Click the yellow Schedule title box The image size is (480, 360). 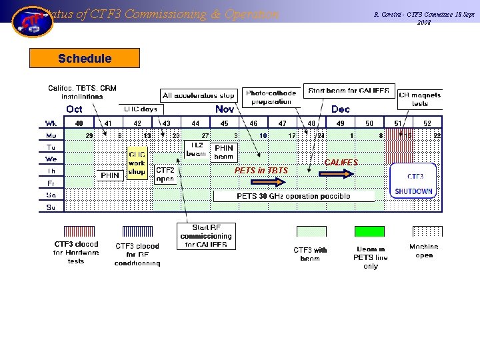coord(85,59)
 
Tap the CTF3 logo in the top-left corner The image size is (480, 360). coord(32,21)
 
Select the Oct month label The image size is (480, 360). coord(74,109)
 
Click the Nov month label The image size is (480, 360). coord(225,109)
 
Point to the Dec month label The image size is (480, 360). coord(340,109)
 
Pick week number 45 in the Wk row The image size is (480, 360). coord(225,123)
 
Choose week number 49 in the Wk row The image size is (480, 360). coord(340,123)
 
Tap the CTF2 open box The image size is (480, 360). coord(165,175)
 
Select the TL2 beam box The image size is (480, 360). coord(196,149)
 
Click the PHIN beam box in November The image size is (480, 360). coord(224,153)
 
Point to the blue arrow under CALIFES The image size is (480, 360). coord(339,173)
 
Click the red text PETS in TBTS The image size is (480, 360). coord(261,171)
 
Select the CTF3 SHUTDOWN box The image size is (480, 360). coord(413,181)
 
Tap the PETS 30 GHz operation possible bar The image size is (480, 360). coord(293,196)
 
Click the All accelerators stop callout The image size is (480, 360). coord(199,95)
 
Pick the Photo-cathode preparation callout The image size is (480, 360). coord(271,97)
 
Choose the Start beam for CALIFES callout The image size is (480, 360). coord(349,91)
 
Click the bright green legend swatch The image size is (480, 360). coord(369,231)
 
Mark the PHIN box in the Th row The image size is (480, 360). coord(110,175)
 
